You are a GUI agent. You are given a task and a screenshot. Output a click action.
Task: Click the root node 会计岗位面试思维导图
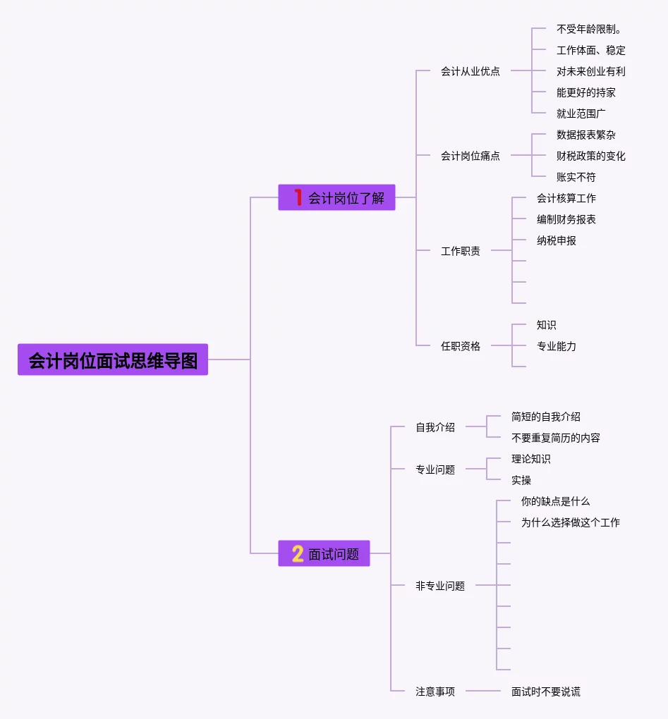pyautogui.click(x=113, y=360)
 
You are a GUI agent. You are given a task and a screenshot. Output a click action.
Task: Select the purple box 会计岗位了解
pyautogui.click(x=336, y=198)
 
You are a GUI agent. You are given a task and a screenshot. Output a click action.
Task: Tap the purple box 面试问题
pyautogui.click(x=324, y=554)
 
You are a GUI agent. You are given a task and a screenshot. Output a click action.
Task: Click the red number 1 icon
pyautogui.click(x=298, y=198)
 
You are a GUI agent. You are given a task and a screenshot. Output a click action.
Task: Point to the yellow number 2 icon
pyautogui.click(x=298, y=554)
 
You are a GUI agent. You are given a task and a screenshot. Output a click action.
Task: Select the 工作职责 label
pyautogui.click(x=460, y=251)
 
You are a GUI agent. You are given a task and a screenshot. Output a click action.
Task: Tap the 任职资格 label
pyautogui.click(x=460, y=346)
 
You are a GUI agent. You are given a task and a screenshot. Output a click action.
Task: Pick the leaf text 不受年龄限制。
pyautogui.click(x=588, y=29)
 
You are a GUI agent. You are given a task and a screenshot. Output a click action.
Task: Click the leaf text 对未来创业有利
pyautogui.click(x=590, y=71)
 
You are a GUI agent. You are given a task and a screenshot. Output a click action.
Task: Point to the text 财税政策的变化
pyautogui.click(x=590, y=156)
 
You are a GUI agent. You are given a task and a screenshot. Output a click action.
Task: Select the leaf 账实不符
pyautogui.click(x=576, y=177)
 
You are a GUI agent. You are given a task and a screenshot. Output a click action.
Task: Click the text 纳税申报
pyautogui.click(x=556, y=240)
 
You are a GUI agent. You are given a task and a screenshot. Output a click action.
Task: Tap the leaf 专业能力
pyautogui.click(x=556, y=346)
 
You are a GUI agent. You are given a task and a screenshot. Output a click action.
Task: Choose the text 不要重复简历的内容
pyautogui.click(x=555, y=438)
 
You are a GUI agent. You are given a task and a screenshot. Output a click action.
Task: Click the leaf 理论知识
pyautogui.click(x=530, y=459)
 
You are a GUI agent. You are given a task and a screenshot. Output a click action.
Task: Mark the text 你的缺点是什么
pyautogui.click(x=555, y=501)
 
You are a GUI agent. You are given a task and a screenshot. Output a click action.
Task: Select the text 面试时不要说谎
pyautogui.click(x=545, y=692)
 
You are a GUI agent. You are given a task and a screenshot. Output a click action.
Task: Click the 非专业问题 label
pyautogui.click(x=439, y=586)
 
